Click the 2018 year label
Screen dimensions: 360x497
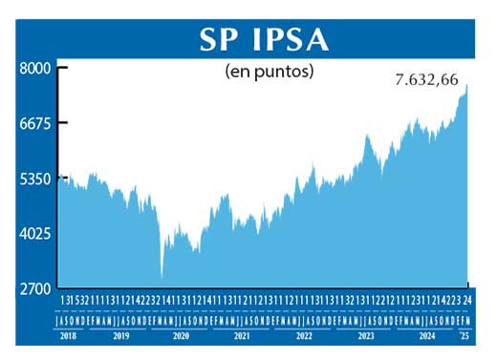pyautogui.click(x=70, y=337)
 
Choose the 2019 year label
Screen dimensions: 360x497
pyautogui.click(x=121, y=337)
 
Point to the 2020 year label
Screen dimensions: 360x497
pyautogui.click(x=182, y=337)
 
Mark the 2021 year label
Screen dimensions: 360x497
pyautogui.click(x=243, y=337)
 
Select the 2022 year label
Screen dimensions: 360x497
pyautogui.click(x=304, y=337)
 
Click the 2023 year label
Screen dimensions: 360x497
pyautogui.click(x=366, y=337)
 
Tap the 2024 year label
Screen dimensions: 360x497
pyautogui.click(x=427, y=337)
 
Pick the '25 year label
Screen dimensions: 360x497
pyautogui.click(x=465, y=337)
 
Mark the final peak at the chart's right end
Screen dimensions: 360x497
pyautogui.click(x=466, y=86)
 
